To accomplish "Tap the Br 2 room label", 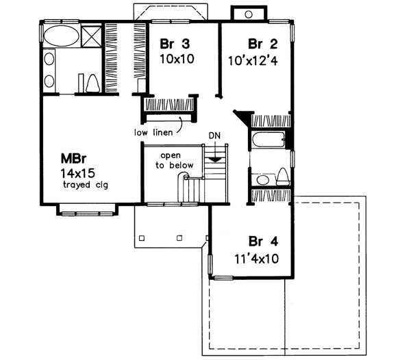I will [262, 44].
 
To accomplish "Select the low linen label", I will [154, 131].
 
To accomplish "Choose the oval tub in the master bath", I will [61, 36].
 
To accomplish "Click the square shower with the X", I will [93, 36].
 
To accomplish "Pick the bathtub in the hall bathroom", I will [269, 140].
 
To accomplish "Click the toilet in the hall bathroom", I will [282, 177].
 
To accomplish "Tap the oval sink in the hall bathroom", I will [261, 180].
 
